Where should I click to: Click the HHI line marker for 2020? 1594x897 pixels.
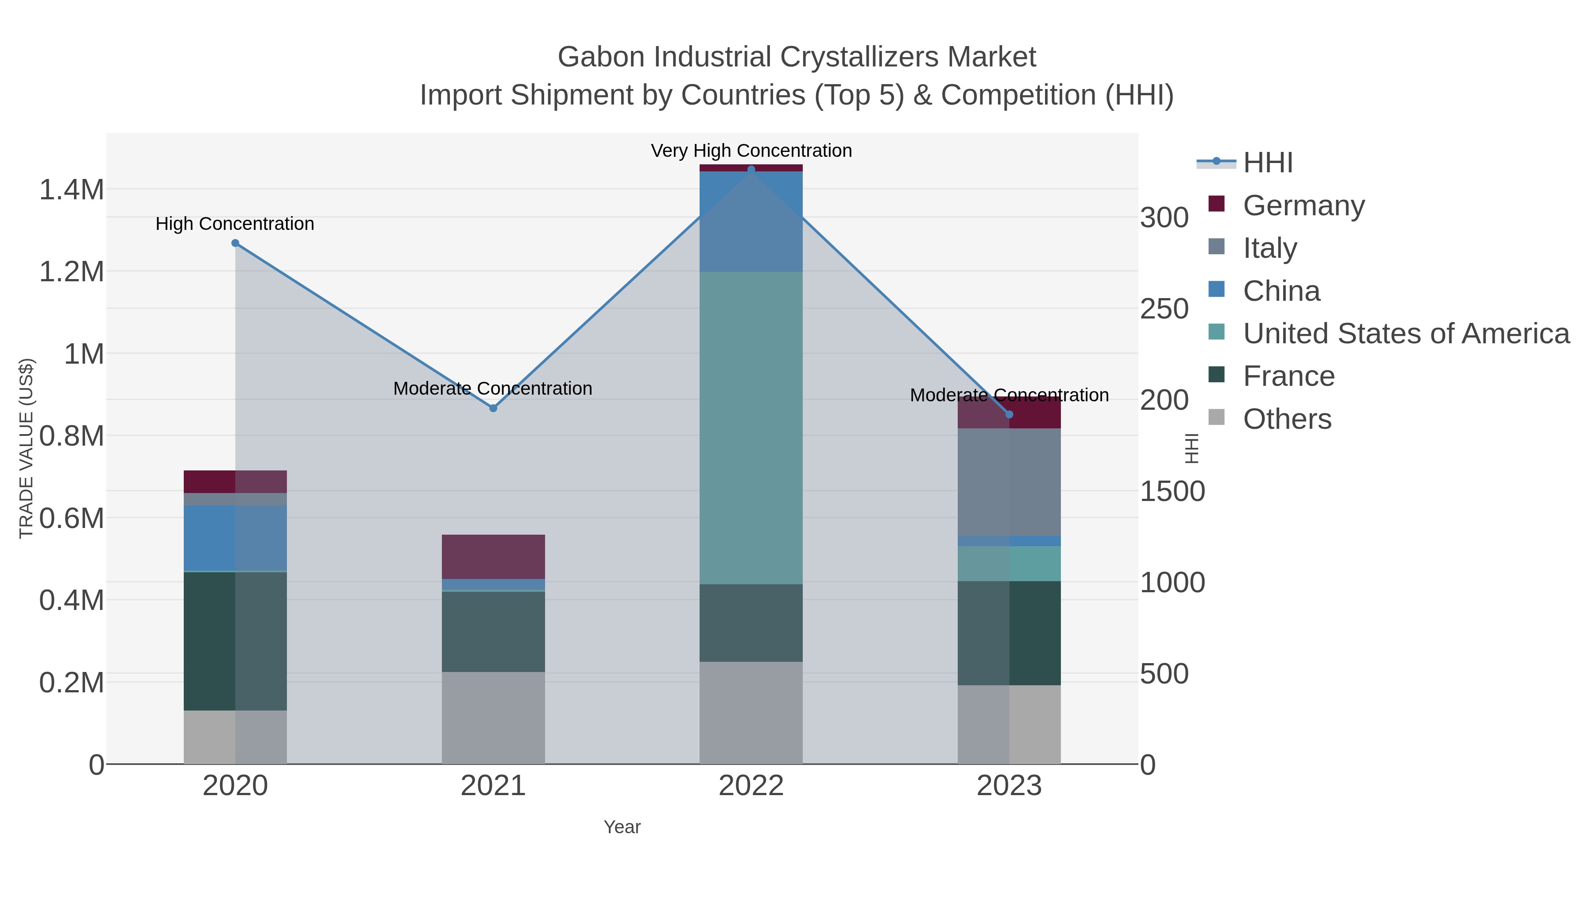(x=235, y=243)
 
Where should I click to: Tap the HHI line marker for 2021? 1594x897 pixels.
(x=493, y=408)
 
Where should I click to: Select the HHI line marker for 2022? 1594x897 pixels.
(x=751, y=170)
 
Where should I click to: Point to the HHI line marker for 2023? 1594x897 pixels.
(x=1009, y=414)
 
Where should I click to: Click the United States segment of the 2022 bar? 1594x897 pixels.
(x=751, y=427)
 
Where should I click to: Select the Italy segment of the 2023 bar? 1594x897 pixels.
(x=1009, y=482)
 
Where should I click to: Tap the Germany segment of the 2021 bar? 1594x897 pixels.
(x=493, y=556)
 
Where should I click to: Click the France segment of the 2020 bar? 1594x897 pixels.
(x=235, y=641)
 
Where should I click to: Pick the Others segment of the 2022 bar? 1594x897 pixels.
(x=751, y=712)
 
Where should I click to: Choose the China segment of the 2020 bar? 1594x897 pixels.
(x=235, y=537)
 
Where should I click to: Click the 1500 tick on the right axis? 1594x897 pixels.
(x=1172, y=492)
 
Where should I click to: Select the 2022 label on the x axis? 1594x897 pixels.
(x=751, y=785)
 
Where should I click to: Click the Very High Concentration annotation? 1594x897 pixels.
(x=751, y=151)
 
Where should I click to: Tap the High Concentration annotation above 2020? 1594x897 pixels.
(x=235, y=224)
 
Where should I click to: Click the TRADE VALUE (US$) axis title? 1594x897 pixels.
(x=26, y=448)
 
